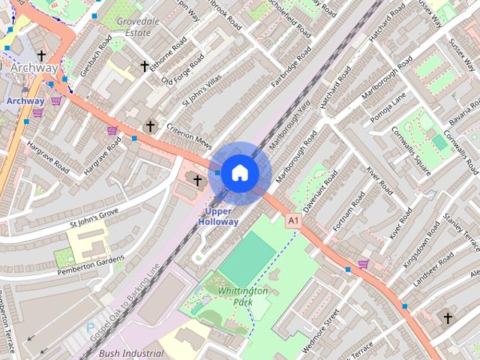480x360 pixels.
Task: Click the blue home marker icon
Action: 239,172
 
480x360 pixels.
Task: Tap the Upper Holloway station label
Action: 219,217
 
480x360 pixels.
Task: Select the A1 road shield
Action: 292,221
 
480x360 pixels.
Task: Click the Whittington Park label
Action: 241,295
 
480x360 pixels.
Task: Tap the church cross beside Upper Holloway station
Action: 198,180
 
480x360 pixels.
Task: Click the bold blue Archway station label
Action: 25,100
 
